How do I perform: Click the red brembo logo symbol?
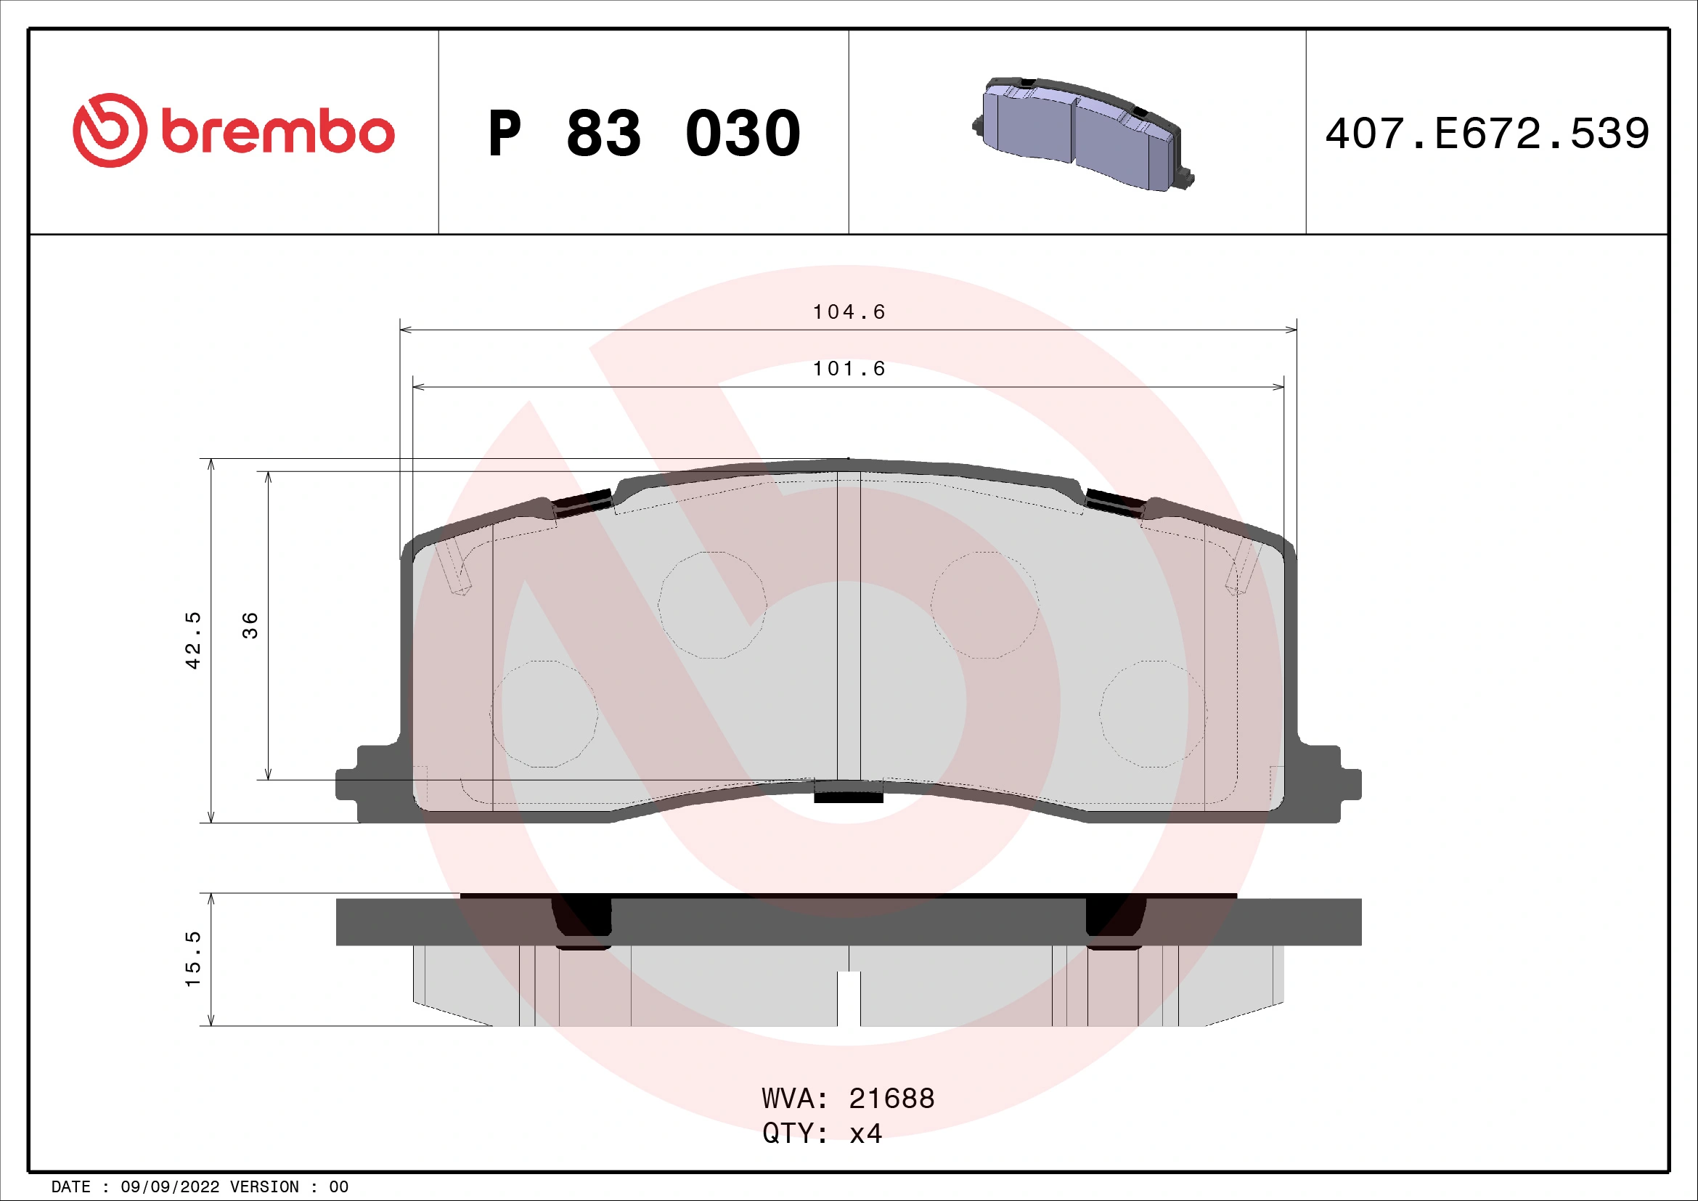pyautogui.click(x=110, y=130)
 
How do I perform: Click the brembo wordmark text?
pyautogui.click(x=277, y=132)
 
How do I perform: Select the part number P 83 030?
pyautogui.click(x=643, y=134)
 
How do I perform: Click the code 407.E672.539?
pyautogui.click(x=1487, y=134)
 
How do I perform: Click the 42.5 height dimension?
pyautogui.click(x=192, y=640)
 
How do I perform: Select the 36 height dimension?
pyautogui.click(x=250, y=626)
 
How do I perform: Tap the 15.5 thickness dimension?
pyautogui.click(x=192, y=959)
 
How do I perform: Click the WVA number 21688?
pyautogui.click(x=891, y=1098)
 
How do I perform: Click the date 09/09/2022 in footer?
pyautogui.click(x=169, y=1187)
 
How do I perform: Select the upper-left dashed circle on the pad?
pyautogui.click(x=711, y=605)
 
